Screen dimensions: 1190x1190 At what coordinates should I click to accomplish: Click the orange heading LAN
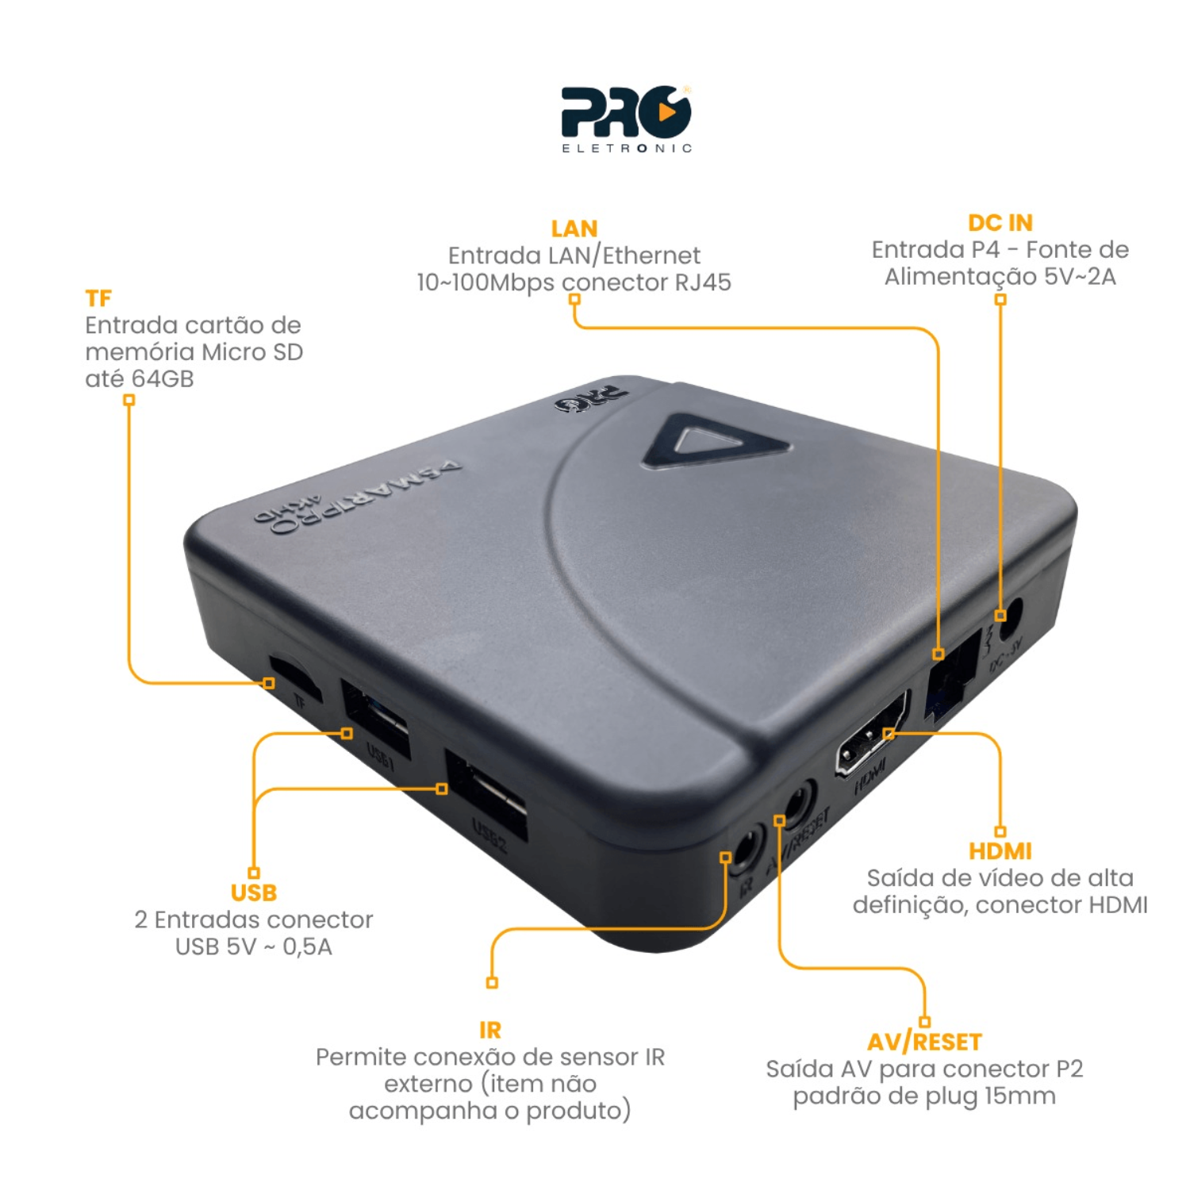point(574,228)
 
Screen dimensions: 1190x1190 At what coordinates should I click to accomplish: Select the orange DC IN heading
point(1000,223)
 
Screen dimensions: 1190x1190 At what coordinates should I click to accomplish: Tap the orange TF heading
point(98,298)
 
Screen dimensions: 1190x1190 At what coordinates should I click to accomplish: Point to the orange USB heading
point(254,892)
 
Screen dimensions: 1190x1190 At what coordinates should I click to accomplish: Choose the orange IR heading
point(490,1030)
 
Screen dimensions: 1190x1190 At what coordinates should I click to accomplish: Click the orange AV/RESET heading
point(925,1042)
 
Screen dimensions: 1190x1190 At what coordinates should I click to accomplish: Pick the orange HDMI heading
point(1000,851)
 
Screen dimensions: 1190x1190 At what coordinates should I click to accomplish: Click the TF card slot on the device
point(294,676)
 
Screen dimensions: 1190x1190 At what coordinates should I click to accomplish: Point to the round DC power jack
point(1008,617)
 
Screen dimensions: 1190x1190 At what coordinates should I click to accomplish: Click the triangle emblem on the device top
point(713,441)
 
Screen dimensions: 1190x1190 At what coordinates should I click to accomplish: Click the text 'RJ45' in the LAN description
point(703,282)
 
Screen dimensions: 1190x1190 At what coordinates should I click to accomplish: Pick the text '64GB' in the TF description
point(163,379)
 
